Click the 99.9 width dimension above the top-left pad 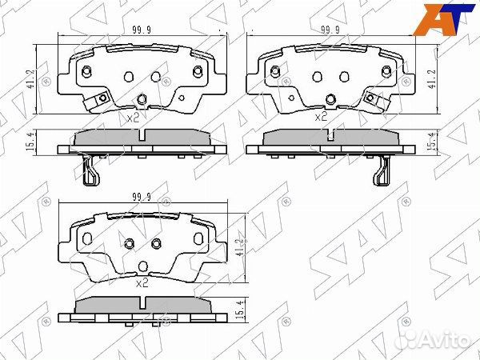coord(142,30)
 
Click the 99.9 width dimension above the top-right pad coord(330,30)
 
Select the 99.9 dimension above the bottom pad coord(142,197)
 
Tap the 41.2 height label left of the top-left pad coord(30,78)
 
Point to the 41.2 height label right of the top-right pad coord(433,78)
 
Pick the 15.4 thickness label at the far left coord(30,141)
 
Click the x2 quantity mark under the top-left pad coord(133,118)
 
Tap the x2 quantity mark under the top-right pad coord(321,117)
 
